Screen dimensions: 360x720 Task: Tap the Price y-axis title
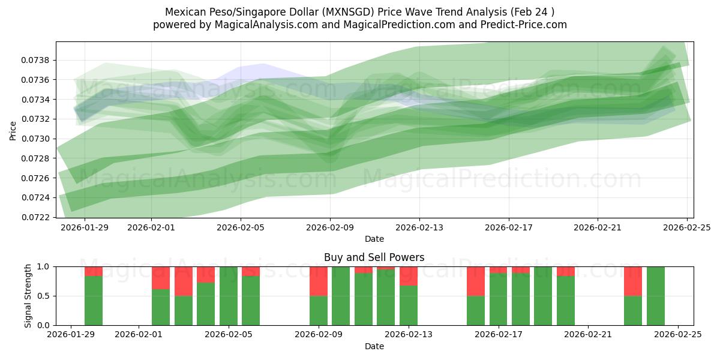pyautogui.click(x=13, y=130)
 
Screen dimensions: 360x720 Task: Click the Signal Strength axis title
pyautogui.click(x=28, y=296)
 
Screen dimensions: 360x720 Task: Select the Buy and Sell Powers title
pyautogui.click(x=374, y=257)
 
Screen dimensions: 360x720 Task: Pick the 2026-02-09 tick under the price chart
pyautogui.click(x=330, y=227)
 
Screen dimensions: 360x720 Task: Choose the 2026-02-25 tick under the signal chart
pyautogui.click(x=678, y=335)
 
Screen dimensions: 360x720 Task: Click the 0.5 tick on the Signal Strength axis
pyautogui.click(x=43, y=296)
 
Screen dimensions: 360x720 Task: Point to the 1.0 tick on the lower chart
pyautogui.click(x=43, y=266)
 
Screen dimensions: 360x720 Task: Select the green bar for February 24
pyautogui.click(x=655, y=296)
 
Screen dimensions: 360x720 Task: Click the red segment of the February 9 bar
pyautogui.click(x=319, y=281)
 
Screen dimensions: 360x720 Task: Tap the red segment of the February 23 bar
pyautogui.click(x=633, y=281)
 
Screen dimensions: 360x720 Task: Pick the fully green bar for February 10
pyautogui.click(x=341, y=296)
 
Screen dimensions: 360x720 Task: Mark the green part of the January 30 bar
pyautogui.click(x=94, y=301)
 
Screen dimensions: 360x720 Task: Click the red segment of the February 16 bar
pyautogui.click(x=476, y=281)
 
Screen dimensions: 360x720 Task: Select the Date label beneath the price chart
pyautogui.click(x=374, y=239)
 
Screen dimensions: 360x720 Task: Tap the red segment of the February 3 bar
pyautogui.click(x=184, y=281)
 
